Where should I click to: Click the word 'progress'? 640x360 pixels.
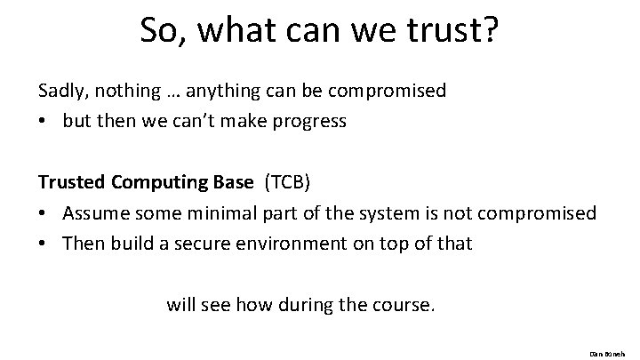tap(308, 121)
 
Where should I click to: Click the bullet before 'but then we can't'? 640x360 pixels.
tap(44, 121)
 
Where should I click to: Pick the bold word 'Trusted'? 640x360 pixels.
tap(71, 182)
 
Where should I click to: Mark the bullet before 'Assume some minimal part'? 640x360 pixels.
tap(44, 213)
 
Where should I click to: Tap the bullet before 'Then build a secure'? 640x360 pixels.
tap(44, 244)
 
